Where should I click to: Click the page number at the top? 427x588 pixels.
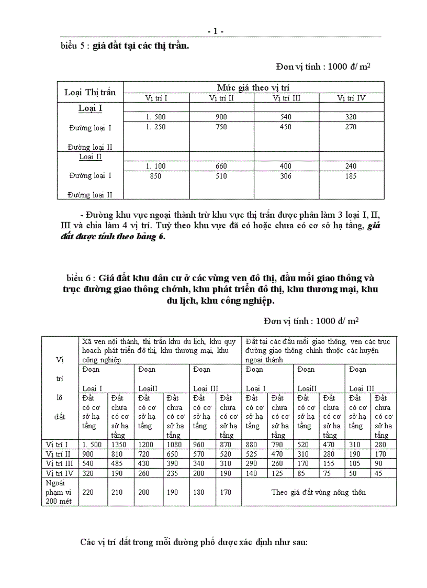pos(216,31)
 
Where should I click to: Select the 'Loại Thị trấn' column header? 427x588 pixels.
pos(90,92)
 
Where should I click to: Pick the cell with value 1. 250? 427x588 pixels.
pos(156,127)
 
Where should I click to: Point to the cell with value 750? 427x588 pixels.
pos(221,127)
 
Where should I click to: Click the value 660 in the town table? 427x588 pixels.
pos(221,166)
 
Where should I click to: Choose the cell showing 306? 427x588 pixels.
pos(286,176)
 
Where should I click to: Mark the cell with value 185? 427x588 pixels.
pos(351,176)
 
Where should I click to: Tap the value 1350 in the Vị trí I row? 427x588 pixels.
pos(119,445)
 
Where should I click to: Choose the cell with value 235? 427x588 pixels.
pos(173,473)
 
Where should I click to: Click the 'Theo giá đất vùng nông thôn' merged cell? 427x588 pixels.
pos(318,492)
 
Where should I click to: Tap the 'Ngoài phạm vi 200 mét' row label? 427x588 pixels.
pos(60,492)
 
